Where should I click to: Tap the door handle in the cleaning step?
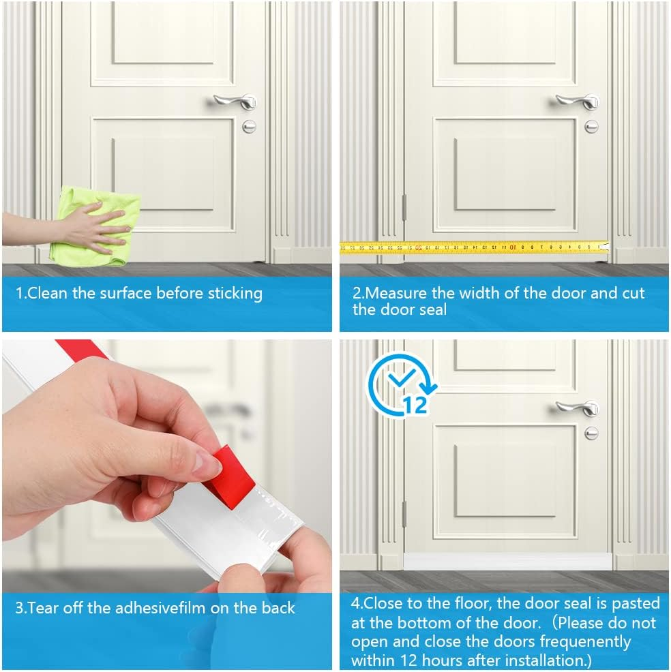coord(235,102)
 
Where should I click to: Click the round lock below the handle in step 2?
coord(591,127)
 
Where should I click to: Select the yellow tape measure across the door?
coord(474,247)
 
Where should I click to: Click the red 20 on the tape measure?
coord(419,247)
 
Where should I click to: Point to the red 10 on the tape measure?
coord(512,247)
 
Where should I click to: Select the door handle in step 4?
coord(578,408)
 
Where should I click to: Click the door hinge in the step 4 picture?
coord(404,515)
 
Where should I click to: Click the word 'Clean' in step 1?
coord(47,293)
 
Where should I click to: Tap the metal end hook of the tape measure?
coord(605,247)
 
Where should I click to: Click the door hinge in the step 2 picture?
coord(404,209)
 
